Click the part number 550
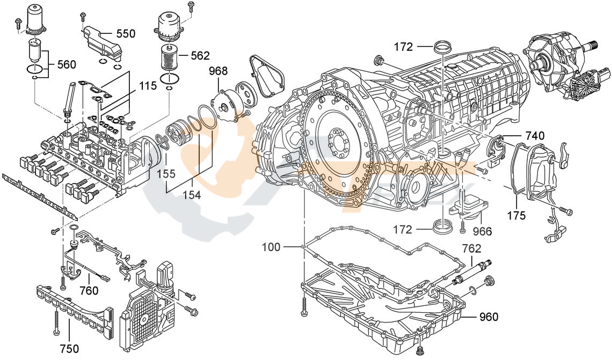coord(126,33)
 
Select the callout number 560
coord(66,64)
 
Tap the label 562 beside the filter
coord(200,55)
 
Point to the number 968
coord(218,71)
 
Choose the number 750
coord(70,348)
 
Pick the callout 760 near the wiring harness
coord(89,290)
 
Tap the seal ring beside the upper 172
coord(443,46)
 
